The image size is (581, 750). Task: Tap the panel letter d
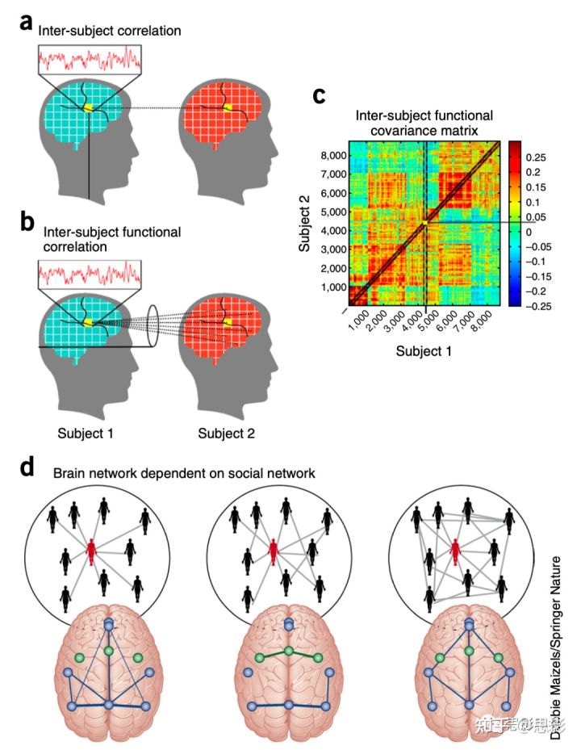pos(27,467)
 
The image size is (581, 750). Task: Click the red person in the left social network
pos(94,555)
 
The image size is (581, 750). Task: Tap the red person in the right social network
pos(456,553)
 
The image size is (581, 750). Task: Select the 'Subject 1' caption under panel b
pos(85,434)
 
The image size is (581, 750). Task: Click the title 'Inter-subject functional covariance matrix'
pos(424,122)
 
